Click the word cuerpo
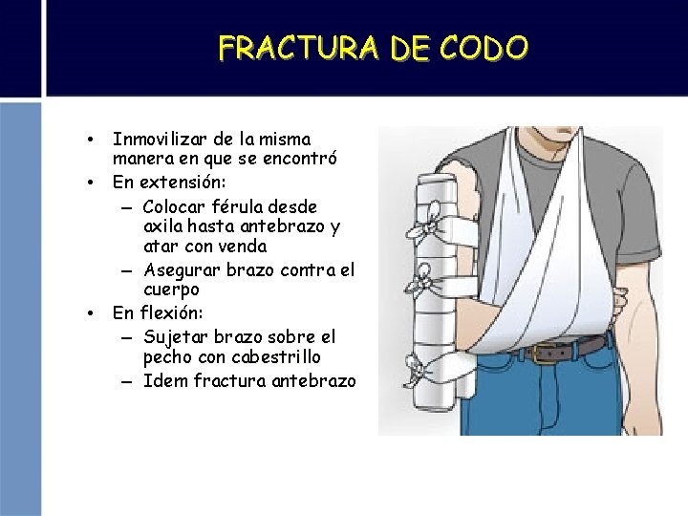point(171,289)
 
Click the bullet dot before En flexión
point(88,312)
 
